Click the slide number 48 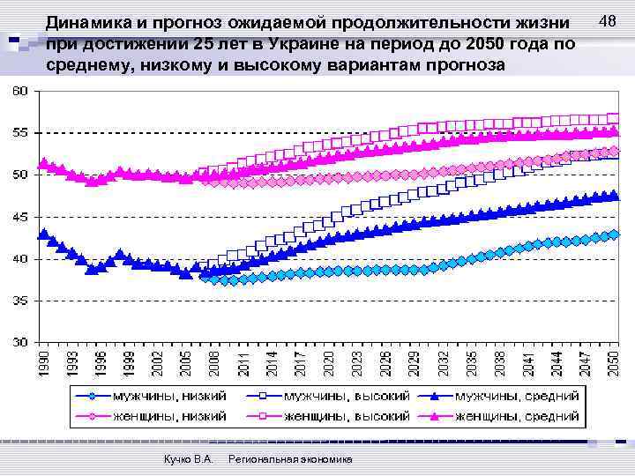[x=607, y=20]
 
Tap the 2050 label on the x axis [x=615, y=364]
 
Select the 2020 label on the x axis [x=329, y=364]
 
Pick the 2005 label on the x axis [x=186, y=364]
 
